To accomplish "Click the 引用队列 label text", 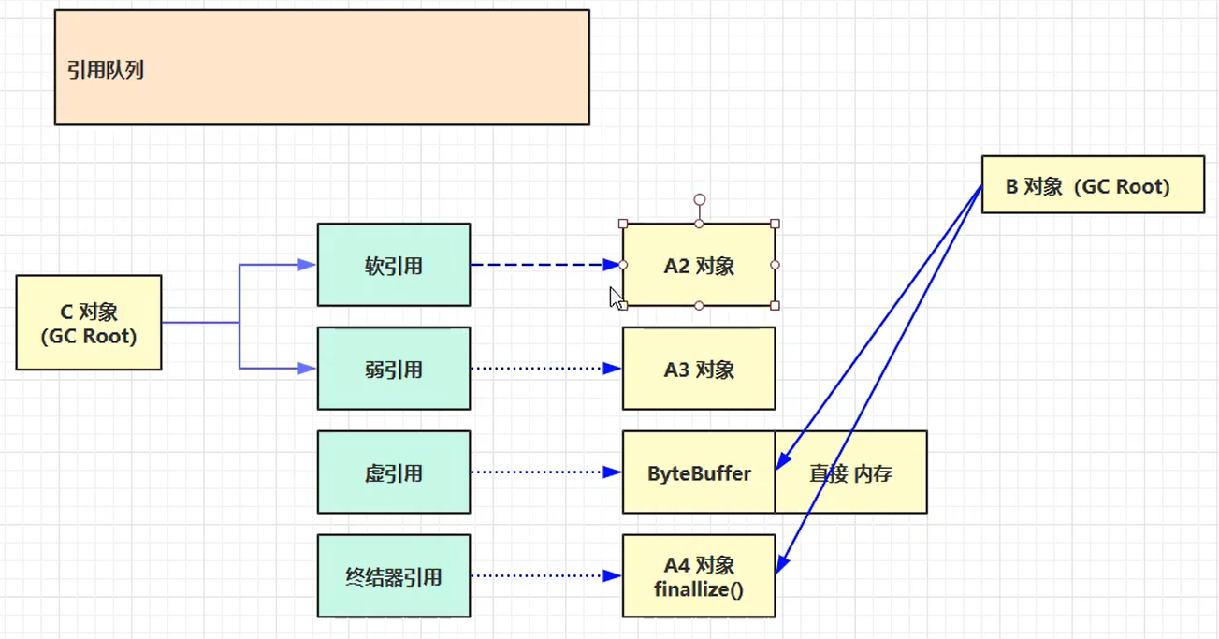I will click(106, 70).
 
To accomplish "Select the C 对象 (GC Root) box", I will click(89, 323).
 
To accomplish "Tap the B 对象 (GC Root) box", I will click(1093, 185).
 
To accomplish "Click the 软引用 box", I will click(394, 265).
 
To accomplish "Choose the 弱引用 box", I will click(394, 369).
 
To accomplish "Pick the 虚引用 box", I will click(394, 472).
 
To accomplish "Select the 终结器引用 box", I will click(394, 576).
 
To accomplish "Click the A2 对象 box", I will click(699, 265).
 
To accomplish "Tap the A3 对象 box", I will click(699, 369).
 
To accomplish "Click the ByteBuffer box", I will click(699, 472).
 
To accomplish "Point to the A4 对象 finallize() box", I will click(699, 576).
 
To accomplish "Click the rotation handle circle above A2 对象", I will click(699, 200).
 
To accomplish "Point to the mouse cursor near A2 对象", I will click(617, 298).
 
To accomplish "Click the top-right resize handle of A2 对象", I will click(775, 225).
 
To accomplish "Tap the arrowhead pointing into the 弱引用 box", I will click(307, 369).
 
